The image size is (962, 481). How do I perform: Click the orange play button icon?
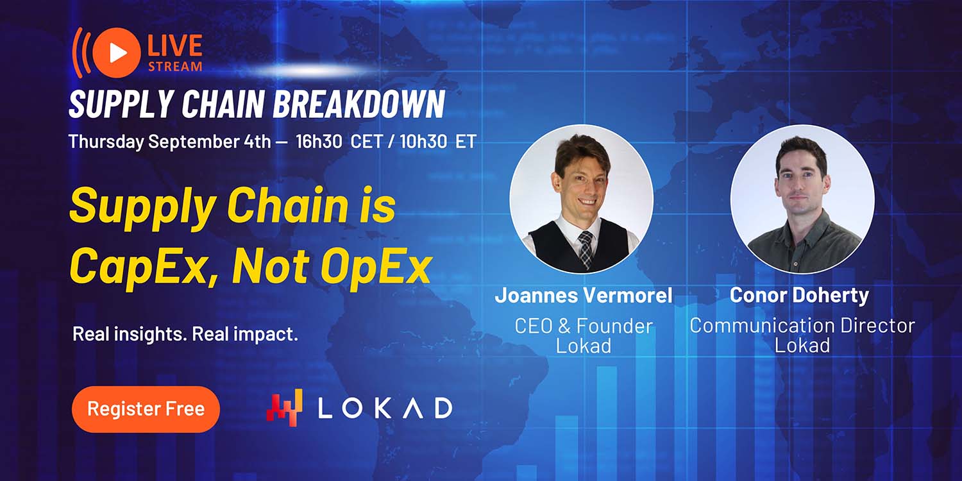(x=116, y=53)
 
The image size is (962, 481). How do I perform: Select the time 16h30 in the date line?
(x=319, y=141)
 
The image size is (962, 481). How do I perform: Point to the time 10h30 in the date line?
(x=423, y=141)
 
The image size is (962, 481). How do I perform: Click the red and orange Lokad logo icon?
(x=284, y=407)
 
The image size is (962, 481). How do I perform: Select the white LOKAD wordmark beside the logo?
(x=385, y=408)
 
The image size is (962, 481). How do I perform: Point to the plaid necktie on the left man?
(x=585, y=249)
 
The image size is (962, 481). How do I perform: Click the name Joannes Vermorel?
(x=584, y=296)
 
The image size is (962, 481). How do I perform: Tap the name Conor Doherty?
(x=799, y=296)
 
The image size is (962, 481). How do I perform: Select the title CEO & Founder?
(x=584, y=326)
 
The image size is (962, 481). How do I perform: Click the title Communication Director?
(x=802, y=326)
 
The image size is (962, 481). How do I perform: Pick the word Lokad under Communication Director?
(x=802, y=346)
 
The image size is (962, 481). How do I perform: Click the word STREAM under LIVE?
(x=175, y=67)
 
